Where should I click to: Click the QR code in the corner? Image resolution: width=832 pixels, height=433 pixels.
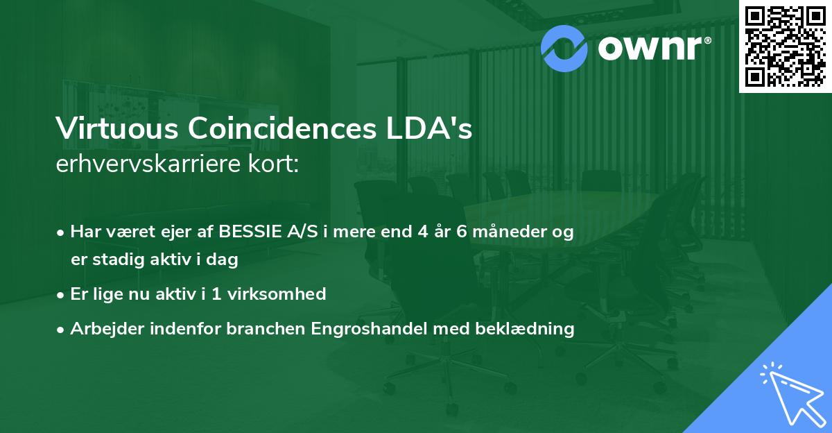785,46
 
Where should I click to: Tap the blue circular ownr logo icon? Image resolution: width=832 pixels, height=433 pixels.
565,47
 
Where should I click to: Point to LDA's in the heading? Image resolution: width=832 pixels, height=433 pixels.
435,130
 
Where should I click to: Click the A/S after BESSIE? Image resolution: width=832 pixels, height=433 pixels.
307,232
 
